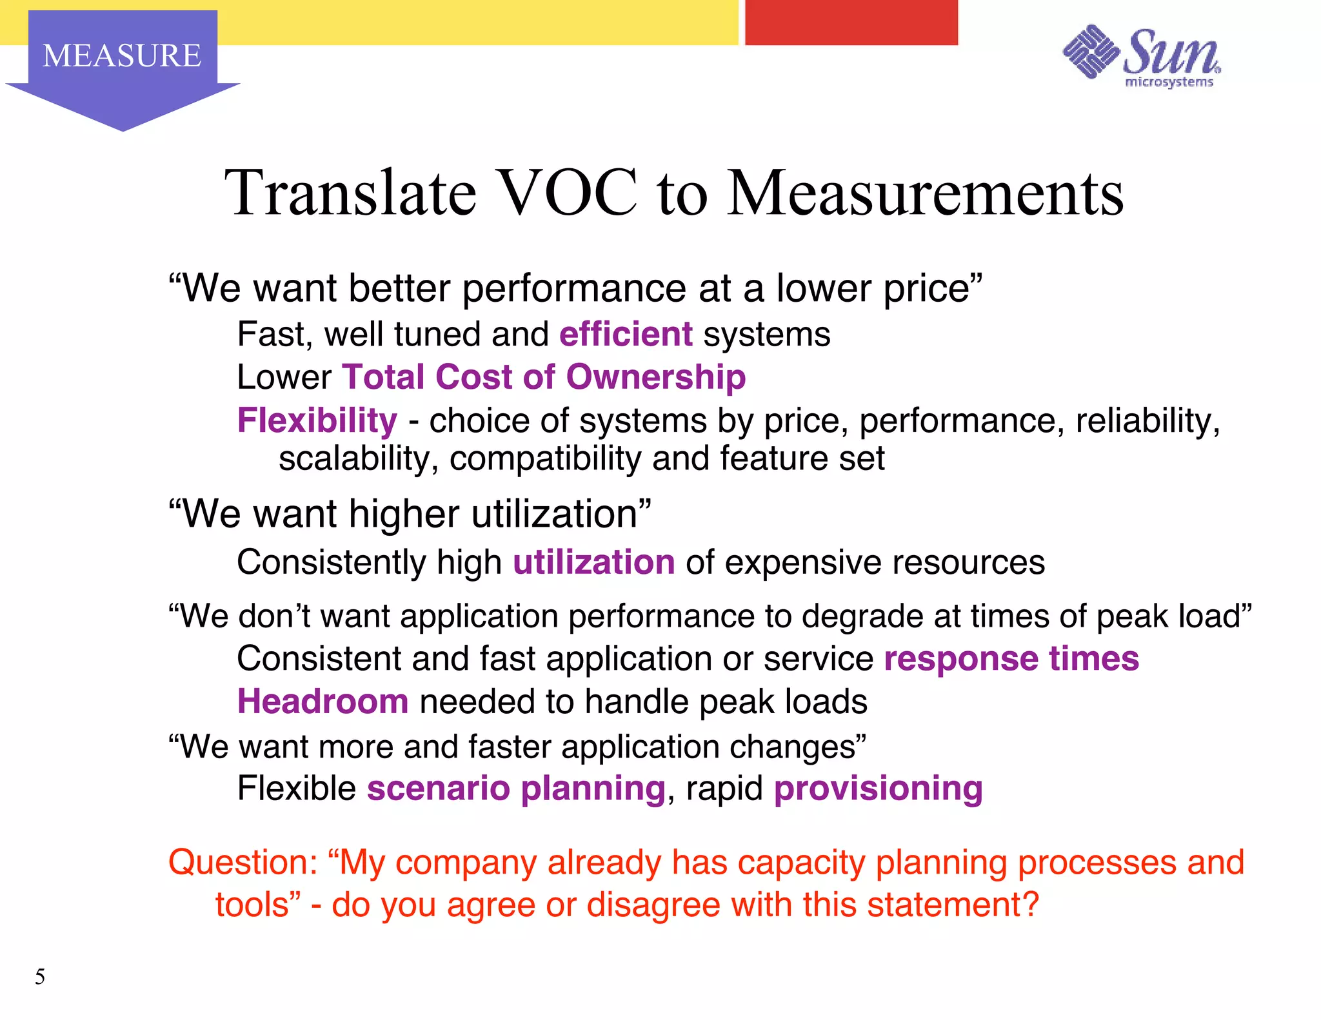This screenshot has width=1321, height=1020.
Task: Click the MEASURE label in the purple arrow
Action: pyautogui.click(x=122, y=55)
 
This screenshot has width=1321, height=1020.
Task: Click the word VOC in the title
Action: pyautogui.click(x=568, y=193)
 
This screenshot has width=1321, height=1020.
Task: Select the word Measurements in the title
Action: pyautogui.click(x=926, y=193)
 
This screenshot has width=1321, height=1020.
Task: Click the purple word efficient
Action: pyautogui.click(x=626, y=335)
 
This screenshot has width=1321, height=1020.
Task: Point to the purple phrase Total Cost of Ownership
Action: pyautogui.click(x=544, y=377)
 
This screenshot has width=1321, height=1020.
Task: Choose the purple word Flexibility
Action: pyautogui.click(x=317, y=420)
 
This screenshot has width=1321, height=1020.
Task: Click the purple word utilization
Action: pyautogui.click(x=593, y=562)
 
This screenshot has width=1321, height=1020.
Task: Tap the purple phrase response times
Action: pyautogui.click(x=1011, y=659)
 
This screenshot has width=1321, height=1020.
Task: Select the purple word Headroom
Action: pyautogui.click(x=323, y=701)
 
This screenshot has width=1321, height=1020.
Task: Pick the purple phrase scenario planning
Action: pyautogui.click(x=516, y=789)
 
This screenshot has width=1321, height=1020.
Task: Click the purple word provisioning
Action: pyautogui.click(x=878, y=789)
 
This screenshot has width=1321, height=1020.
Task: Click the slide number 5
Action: pyautogui.click(x=40, y=977)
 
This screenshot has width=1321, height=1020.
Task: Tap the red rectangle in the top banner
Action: pyautogui.click(x=851, y=23)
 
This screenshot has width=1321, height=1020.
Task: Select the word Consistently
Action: pyautogui.click(x=332, y=562)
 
